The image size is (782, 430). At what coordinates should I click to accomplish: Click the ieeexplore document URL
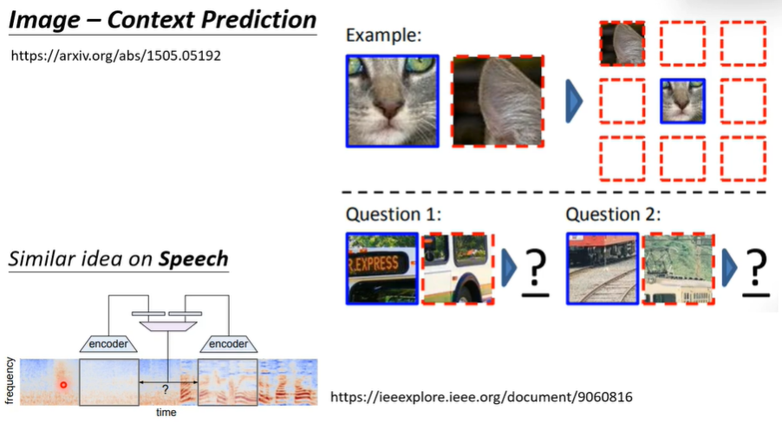481,397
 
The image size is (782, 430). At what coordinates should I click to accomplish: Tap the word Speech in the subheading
193,258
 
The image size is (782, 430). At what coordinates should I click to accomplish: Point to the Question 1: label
389,213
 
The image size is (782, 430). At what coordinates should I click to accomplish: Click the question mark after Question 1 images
538,274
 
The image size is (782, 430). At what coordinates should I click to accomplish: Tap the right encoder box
228,343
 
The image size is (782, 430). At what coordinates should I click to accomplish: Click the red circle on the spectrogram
62,384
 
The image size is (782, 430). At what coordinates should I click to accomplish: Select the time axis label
166,413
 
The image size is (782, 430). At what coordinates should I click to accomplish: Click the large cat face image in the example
392,101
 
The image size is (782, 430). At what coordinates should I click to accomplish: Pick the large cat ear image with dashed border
499,101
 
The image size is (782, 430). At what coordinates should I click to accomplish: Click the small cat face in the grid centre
682,101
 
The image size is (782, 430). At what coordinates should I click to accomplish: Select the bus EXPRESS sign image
381,268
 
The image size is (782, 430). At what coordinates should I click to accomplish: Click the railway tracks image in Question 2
603,268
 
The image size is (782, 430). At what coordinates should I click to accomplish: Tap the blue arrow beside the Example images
573,102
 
